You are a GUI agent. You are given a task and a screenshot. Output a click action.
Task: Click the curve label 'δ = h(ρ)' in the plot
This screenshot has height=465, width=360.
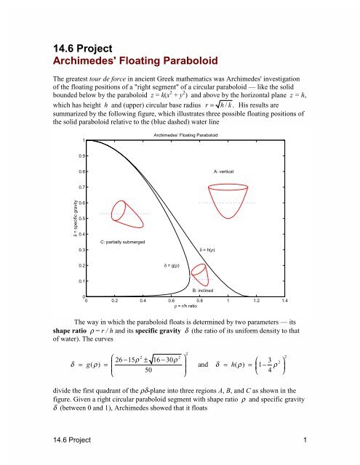point(211,249)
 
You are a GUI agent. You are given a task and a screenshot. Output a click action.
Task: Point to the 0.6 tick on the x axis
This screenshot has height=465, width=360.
point(171,300)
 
